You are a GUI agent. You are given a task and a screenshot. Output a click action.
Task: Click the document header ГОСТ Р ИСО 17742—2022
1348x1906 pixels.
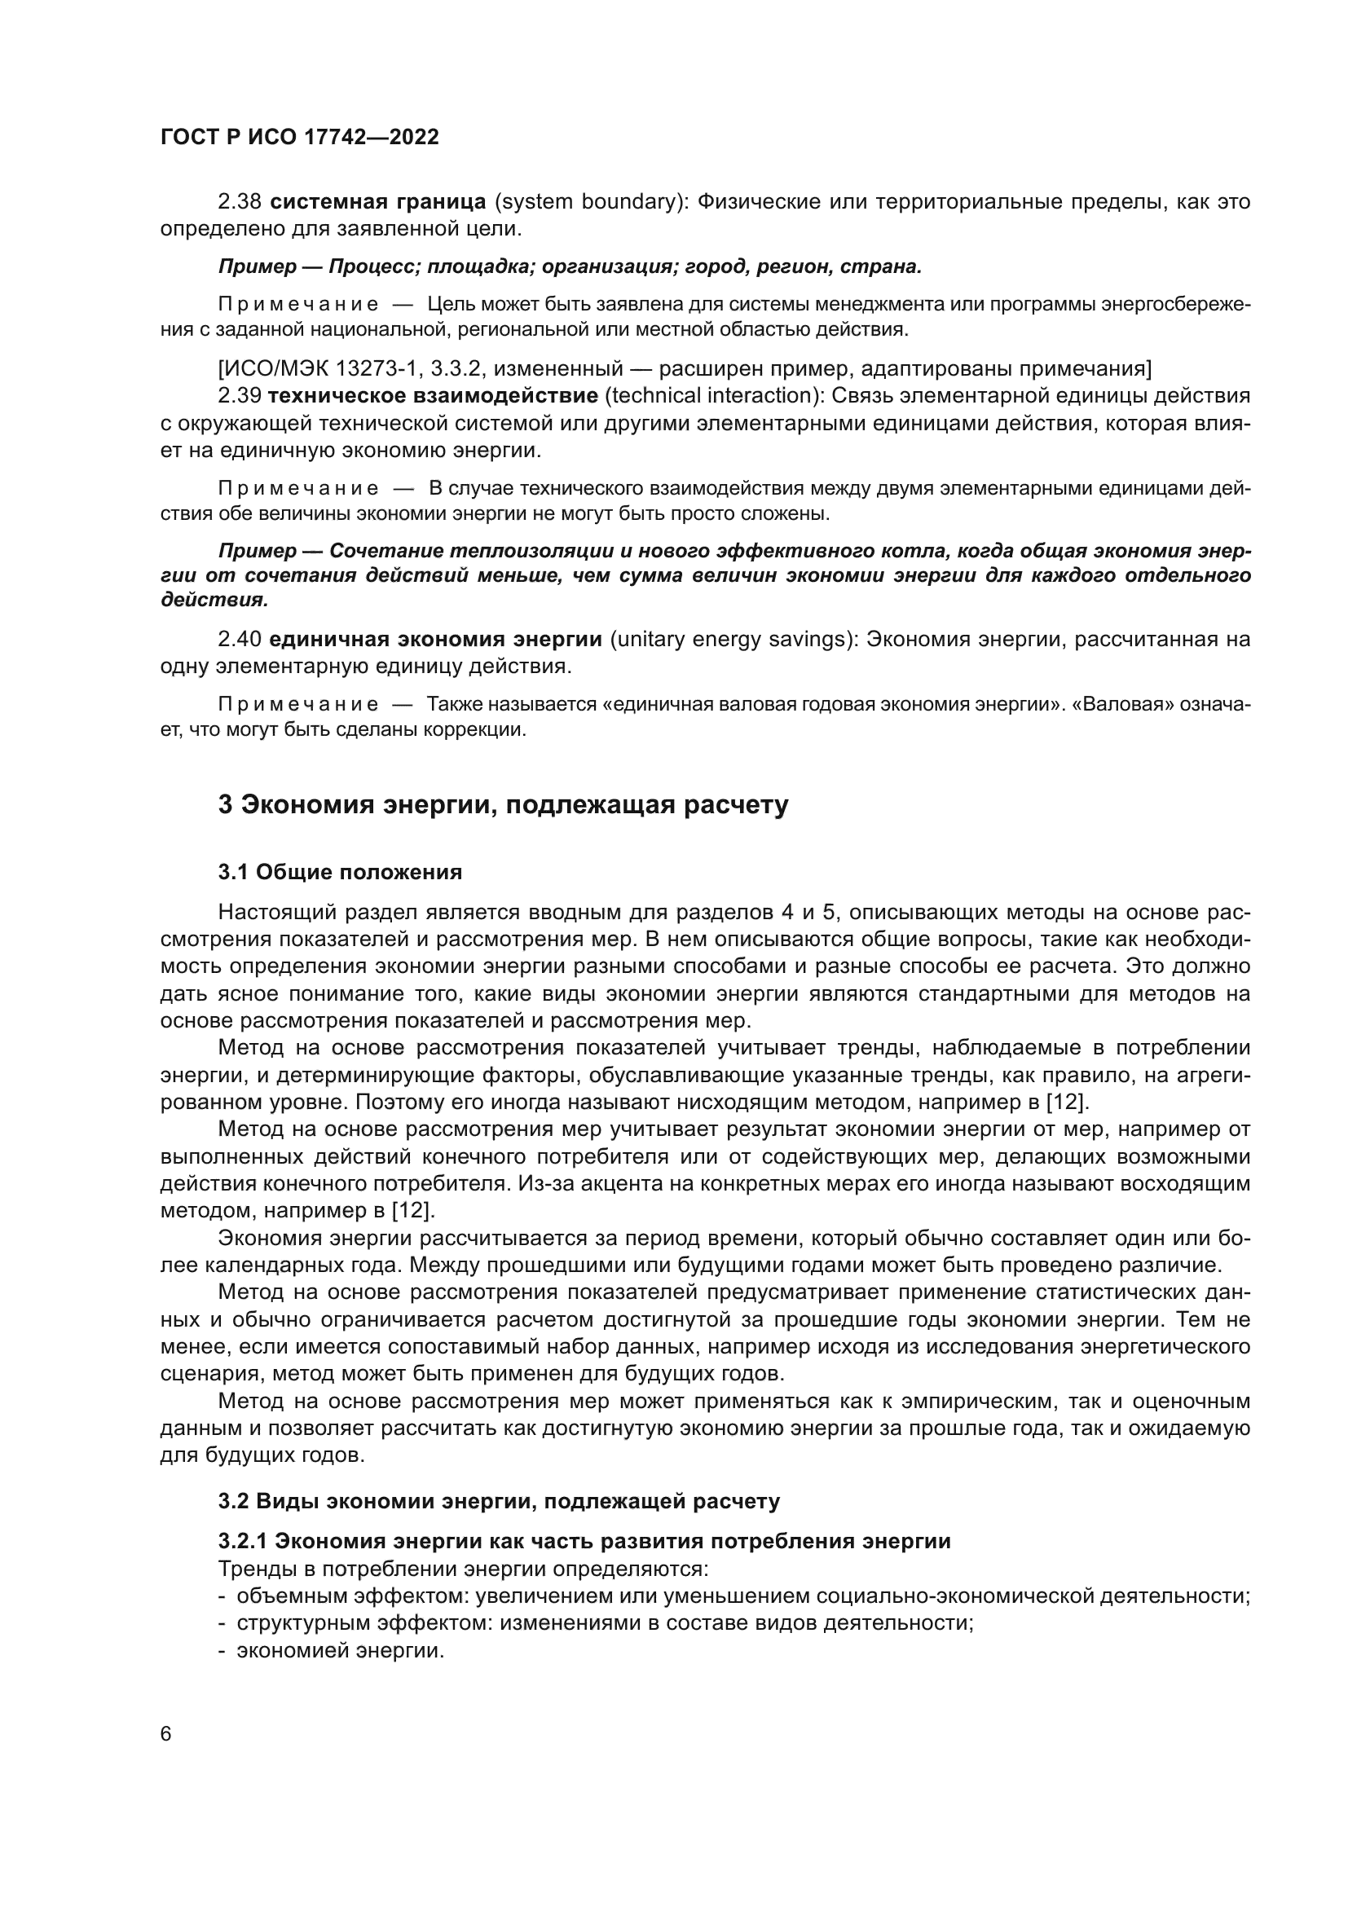click(299, 138)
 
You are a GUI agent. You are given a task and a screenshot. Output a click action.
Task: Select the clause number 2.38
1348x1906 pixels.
click(240, 202)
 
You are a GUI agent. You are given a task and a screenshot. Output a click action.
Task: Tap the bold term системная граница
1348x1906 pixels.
click(378, 202)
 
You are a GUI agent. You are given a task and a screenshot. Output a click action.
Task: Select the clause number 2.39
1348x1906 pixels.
click(240, 395)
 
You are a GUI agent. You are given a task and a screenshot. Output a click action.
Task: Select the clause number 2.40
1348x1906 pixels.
click(240, 639)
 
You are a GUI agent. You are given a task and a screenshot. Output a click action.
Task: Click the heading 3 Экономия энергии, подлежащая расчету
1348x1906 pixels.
click(503, 804)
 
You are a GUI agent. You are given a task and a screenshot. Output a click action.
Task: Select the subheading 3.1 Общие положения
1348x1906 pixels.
click(341, 872)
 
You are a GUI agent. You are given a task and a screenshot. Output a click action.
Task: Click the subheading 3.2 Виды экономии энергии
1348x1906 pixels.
click(499, 1501)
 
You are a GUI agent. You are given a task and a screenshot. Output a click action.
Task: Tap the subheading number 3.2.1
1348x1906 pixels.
click(242, 1541)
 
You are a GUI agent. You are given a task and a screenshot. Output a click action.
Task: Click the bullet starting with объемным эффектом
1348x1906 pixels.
click(743, 1596)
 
